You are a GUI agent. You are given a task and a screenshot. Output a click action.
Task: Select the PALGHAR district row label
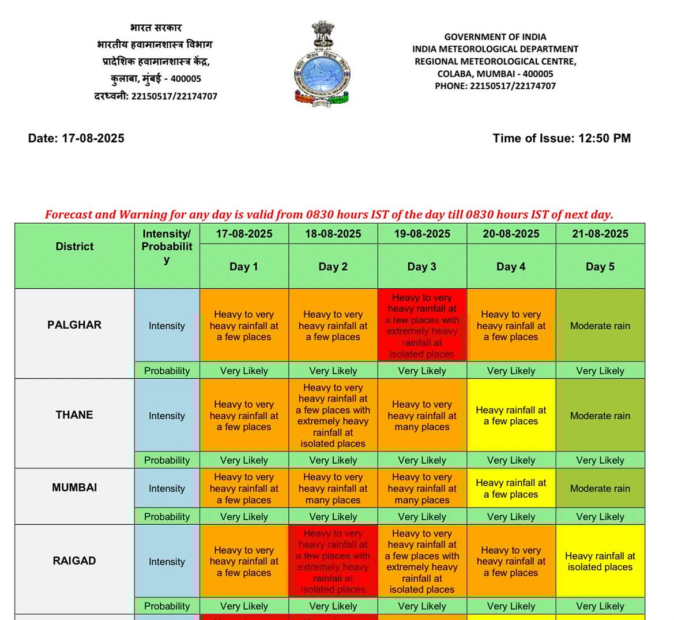74,325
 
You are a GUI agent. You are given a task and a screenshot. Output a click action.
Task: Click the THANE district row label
74,415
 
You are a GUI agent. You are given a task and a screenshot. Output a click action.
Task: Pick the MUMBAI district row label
74,487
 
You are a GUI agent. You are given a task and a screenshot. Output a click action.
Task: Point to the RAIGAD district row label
74,561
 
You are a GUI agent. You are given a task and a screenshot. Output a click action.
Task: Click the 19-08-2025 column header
422,234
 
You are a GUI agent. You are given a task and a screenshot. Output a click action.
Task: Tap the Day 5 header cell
600,266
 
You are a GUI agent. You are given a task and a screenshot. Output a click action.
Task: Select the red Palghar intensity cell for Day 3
422,325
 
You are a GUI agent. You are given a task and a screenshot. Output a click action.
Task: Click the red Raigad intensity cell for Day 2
333,561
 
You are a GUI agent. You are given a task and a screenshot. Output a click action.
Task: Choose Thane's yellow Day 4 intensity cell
511,416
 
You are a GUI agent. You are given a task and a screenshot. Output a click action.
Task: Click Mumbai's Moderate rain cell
600,489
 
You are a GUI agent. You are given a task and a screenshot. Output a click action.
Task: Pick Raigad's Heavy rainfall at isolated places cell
600,561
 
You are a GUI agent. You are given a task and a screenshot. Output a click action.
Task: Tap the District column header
74,246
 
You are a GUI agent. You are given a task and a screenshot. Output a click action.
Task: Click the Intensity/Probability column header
167,246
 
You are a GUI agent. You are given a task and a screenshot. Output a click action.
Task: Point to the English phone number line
495,86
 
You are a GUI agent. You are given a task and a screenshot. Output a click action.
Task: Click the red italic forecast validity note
329,215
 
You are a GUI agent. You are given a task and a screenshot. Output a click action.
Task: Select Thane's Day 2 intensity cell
333,416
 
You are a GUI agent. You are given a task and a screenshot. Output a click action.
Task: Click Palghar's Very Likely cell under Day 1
244,371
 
